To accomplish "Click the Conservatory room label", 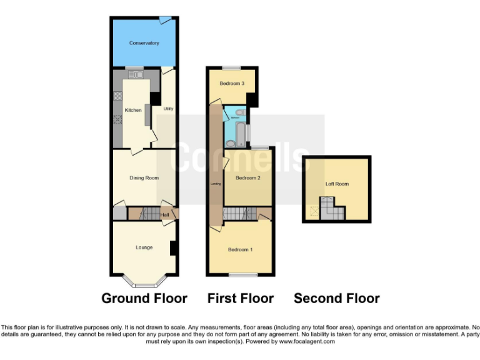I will point(144,43).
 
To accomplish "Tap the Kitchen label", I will point(133,110).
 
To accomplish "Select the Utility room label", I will point(167,109).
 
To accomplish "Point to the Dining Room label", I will point(144,178).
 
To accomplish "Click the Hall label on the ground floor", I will point(164,215).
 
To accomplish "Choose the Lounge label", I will point(144,247).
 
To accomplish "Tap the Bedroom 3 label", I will point(231,84).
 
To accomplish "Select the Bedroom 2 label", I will point(247,178).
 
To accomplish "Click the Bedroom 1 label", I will point(240,250).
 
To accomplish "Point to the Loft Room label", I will point(337,184).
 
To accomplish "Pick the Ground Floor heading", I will point(144,298).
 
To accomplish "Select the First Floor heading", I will point(241,298).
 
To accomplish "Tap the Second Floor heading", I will point(337,298).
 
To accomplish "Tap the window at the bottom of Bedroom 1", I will point(242,274).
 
